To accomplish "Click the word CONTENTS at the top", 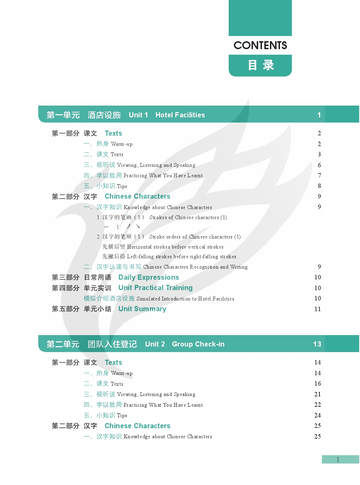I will [x=260, y=45].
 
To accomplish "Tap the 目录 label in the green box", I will [x=261, y=65].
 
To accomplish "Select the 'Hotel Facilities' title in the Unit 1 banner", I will [x=180, y=115].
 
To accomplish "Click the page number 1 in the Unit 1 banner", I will [x=319, y=115].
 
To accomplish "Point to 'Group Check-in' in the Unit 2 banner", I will [x=198, y=344].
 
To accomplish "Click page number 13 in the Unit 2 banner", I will [x=317, y=344].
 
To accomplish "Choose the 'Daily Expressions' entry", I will [x=149, y=277].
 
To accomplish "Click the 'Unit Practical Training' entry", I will [x=155, y=288].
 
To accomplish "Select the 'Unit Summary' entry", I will [x=142, y=309].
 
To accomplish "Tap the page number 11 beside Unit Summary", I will [x=317, y=309].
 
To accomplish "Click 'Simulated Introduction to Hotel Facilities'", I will [x=185, y=299].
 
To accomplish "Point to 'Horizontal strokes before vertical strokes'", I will [x=175, y=247].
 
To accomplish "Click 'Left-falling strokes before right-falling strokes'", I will [x=182, y=257].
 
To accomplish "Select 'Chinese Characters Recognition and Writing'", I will [x=195, y=267].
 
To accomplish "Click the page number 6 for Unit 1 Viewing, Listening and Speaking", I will [x=319, y=165].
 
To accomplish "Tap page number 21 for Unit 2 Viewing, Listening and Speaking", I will [x=317, y=394].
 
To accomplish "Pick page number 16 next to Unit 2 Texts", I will [x=317, y=384].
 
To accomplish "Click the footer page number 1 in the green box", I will [x=338, y=459].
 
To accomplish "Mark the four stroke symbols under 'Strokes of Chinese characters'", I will [x=122, y=226].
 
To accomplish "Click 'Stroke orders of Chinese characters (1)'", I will [x=195, y=237].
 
